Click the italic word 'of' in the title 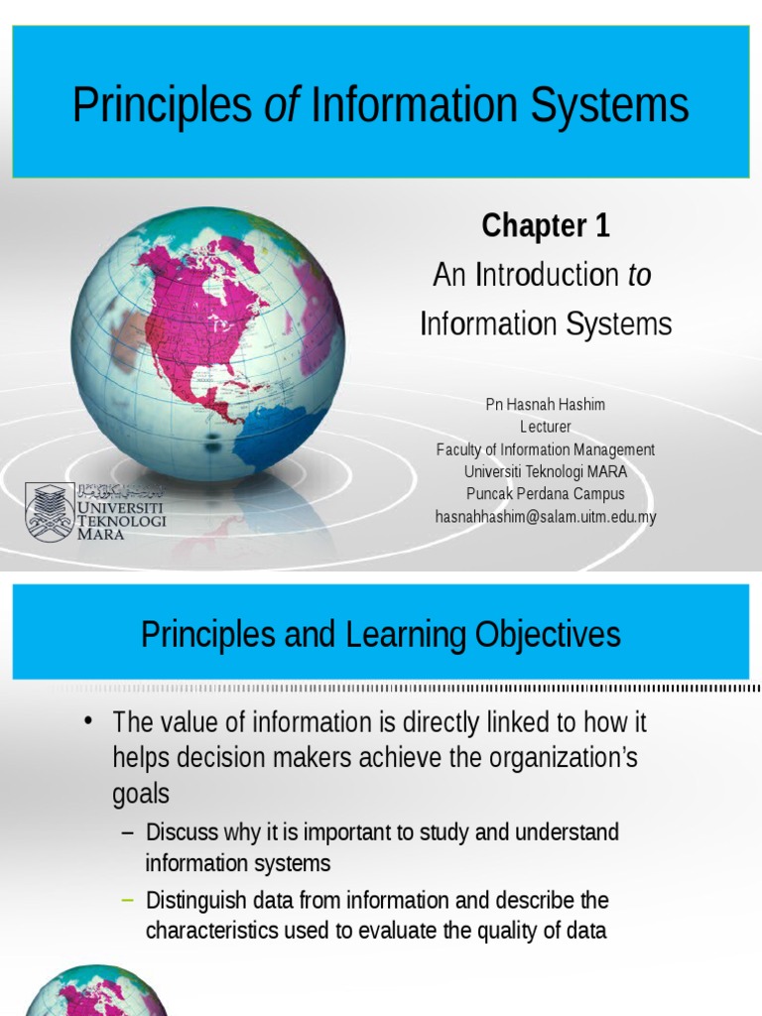click(x=281, y=105)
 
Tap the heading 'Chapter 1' click(x=545, y=226)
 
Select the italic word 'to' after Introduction click(x=640, y=275)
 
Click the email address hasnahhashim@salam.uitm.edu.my click(x=546, y=516)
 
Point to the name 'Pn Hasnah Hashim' click(x=545, y=405)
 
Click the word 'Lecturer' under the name click(x=546, y=427)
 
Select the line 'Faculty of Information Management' click(x=545, y=449)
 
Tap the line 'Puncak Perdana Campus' click(x=546, y=494)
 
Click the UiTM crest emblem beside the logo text click(x=49, y=511)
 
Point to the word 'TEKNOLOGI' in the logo click(x=122, y=520)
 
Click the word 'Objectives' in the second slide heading click(x=541, y=634)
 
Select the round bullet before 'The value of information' click(x=90, y=720)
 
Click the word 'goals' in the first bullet click(x=141, y=794)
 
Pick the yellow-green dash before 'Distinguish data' click(x=126, y=900)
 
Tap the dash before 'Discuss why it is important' click(x=126, y=831)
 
